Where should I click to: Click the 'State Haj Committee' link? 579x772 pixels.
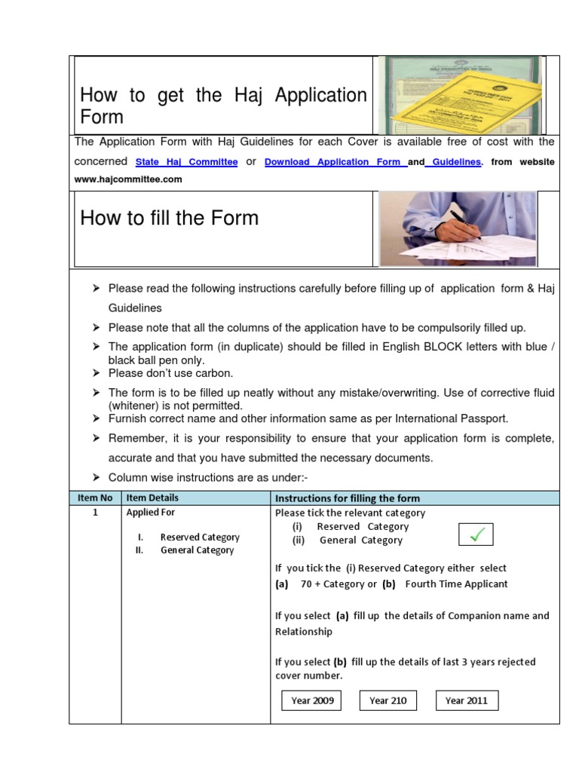click(186, 162)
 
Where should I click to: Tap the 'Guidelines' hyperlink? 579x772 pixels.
click(453, 162)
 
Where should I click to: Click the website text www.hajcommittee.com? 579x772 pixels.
click(128, 179)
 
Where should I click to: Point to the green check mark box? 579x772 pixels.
click(476, 535)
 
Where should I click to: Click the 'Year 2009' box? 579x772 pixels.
click(312, 700)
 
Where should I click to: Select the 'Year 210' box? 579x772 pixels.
click(388, 700)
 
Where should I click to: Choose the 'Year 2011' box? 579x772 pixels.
click(467, 700)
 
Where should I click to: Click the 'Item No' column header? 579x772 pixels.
click(95, 498)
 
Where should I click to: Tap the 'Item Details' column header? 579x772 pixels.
click(152, 498)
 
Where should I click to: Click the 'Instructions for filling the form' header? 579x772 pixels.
click(348, 498)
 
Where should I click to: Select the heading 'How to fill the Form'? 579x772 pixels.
click(169, 219)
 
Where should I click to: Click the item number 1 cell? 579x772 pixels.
click(95, 513)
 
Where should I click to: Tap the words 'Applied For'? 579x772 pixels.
click(151, 513)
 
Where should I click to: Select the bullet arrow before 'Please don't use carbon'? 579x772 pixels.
click(96, 373)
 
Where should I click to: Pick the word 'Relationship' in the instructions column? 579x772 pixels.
click(303, 632)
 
